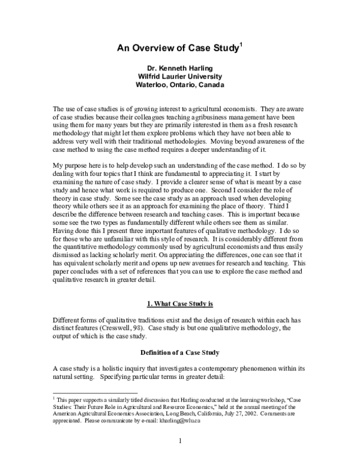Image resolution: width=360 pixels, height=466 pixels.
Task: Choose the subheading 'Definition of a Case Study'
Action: pyautogui.click(x=180, y=352)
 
